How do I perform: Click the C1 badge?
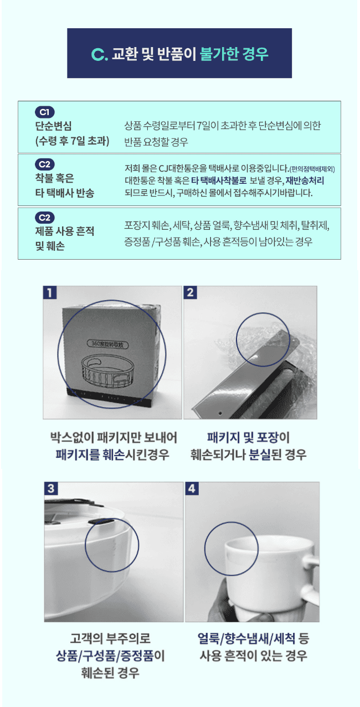pos(44,112)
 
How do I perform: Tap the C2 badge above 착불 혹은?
pos(44,164)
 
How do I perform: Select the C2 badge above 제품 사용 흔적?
pos(44,218)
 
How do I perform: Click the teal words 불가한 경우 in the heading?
pos(234,54)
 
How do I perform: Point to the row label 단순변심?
pos(53,126)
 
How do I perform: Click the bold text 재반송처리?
pos(305,180)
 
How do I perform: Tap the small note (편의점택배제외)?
pos(312,169)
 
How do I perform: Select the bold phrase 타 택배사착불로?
pos(219,180)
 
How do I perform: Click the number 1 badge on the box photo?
pos(50,292)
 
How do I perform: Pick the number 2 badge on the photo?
pos(190,292)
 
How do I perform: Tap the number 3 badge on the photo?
pos(51,488)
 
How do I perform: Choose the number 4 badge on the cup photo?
pos(192,488)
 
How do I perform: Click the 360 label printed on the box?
pos(107,344)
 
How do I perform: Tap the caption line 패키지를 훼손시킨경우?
pos(112,455)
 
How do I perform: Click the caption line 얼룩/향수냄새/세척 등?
pos(253,639)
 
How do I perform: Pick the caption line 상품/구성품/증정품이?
pos(111,656)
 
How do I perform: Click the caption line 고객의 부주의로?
pos(111,638)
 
